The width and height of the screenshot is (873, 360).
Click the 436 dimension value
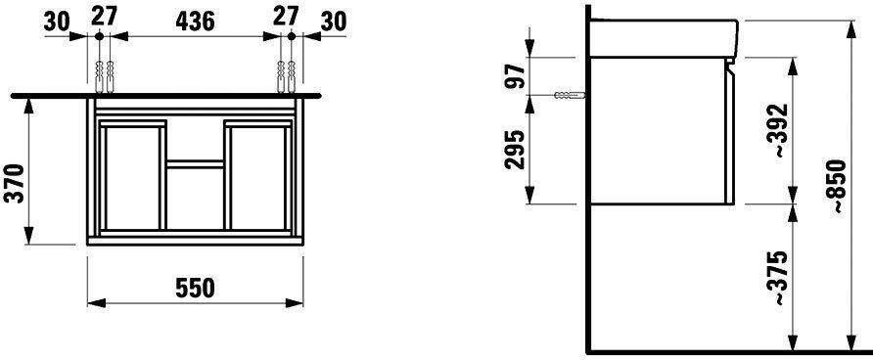tap(195, 22)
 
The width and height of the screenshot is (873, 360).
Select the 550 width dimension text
tap(195, 289)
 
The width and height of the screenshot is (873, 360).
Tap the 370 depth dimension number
tap(15, 184)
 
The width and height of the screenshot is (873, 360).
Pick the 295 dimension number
tap(516, 150)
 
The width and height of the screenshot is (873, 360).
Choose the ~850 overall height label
tap(838, 187)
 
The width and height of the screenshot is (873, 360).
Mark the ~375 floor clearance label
tap(782, 278)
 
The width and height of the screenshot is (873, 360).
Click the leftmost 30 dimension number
tap(57, 22)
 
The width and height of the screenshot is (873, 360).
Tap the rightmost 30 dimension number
tap(334, 22)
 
